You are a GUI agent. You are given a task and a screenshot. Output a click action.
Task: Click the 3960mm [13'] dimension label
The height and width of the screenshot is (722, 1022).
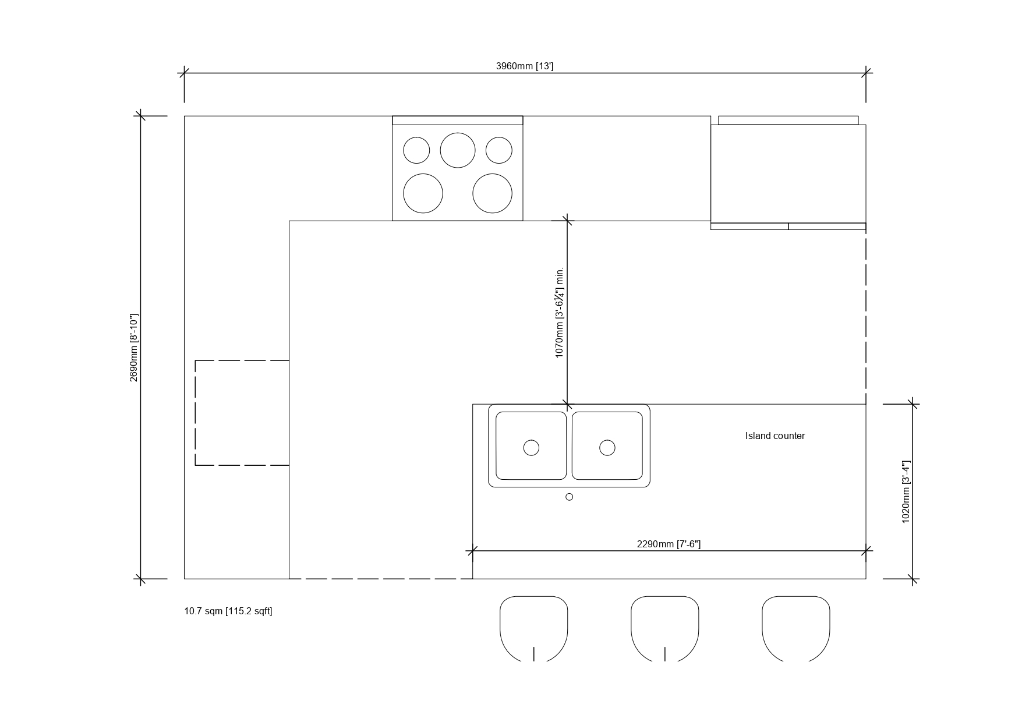525,66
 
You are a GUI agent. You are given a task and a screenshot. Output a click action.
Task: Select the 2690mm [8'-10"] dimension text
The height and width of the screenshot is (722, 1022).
134,348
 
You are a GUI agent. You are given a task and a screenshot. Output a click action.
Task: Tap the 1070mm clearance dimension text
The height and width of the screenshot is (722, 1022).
560,313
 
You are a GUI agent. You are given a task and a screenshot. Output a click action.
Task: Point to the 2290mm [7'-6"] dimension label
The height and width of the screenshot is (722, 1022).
669,544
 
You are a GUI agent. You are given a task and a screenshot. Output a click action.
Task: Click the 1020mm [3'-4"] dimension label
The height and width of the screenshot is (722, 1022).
906,492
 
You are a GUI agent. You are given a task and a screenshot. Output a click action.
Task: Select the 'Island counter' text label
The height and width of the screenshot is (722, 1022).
775,436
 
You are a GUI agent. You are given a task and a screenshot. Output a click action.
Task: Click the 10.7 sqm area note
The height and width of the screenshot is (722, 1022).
228,611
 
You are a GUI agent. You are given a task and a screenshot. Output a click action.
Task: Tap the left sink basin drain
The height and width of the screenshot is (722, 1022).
531,448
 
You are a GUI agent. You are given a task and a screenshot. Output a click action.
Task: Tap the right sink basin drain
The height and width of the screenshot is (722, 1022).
607,447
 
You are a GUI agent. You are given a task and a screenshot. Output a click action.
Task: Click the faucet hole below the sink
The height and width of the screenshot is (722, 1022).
570,497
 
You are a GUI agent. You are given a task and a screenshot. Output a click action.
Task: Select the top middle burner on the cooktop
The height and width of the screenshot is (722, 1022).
458,150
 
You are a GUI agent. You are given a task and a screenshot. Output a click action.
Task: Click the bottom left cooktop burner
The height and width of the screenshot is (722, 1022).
423,193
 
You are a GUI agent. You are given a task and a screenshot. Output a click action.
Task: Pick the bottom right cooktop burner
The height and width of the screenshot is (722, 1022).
492,193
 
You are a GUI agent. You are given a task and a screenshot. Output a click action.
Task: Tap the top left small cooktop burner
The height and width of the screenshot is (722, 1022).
416,150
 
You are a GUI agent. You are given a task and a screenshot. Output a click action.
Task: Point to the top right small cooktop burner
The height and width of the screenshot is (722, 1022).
499,150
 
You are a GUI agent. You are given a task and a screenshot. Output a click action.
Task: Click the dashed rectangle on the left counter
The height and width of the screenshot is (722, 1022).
195,413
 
